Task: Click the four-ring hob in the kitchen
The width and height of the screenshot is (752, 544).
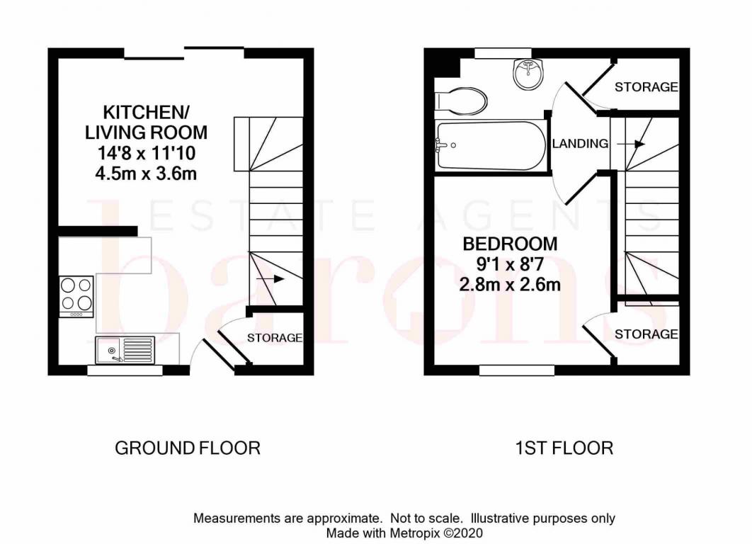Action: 76,296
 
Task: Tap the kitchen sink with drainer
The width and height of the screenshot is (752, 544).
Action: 125,350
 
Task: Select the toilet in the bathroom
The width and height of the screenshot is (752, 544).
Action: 461,101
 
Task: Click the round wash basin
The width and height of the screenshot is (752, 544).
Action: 528,74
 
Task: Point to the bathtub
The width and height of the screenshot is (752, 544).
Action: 491,145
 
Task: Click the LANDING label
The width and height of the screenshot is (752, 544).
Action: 580,143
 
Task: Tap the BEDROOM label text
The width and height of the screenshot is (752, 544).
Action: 510,244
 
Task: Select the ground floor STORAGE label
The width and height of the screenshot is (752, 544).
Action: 274,338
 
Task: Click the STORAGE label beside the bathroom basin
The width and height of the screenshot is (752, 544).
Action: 646,87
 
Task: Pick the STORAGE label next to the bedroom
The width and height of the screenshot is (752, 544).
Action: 646,334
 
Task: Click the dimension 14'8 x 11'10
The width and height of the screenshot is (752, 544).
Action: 147,154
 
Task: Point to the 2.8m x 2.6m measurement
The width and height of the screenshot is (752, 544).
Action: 510,285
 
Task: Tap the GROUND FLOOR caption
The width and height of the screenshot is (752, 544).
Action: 188,448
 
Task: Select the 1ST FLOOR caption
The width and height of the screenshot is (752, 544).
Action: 564,448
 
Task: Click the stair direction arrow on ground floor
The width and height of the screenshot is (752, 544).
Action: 270,278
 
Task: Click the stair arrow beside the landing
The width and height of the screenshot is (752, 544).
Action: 631,144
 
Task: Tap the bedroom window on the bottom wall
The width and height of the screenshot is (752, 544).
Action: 517,370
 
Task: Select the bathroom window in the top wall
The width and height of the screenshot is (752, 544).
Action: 503,52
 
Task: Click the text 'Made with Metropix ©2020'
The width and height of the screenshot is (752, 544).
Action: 404,533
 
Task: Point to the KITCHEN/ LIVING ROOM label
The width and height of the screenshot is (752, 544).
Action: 147,123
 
